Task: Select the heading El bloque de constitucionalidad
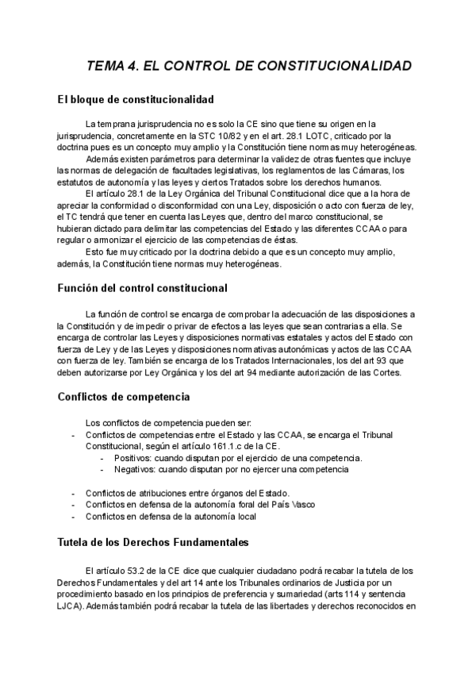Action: (x=136, y=100)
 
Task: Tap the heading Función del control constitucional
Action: (x=142, y=287)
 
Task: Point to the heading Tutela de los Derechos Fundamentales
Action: (x=154, y=543)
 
